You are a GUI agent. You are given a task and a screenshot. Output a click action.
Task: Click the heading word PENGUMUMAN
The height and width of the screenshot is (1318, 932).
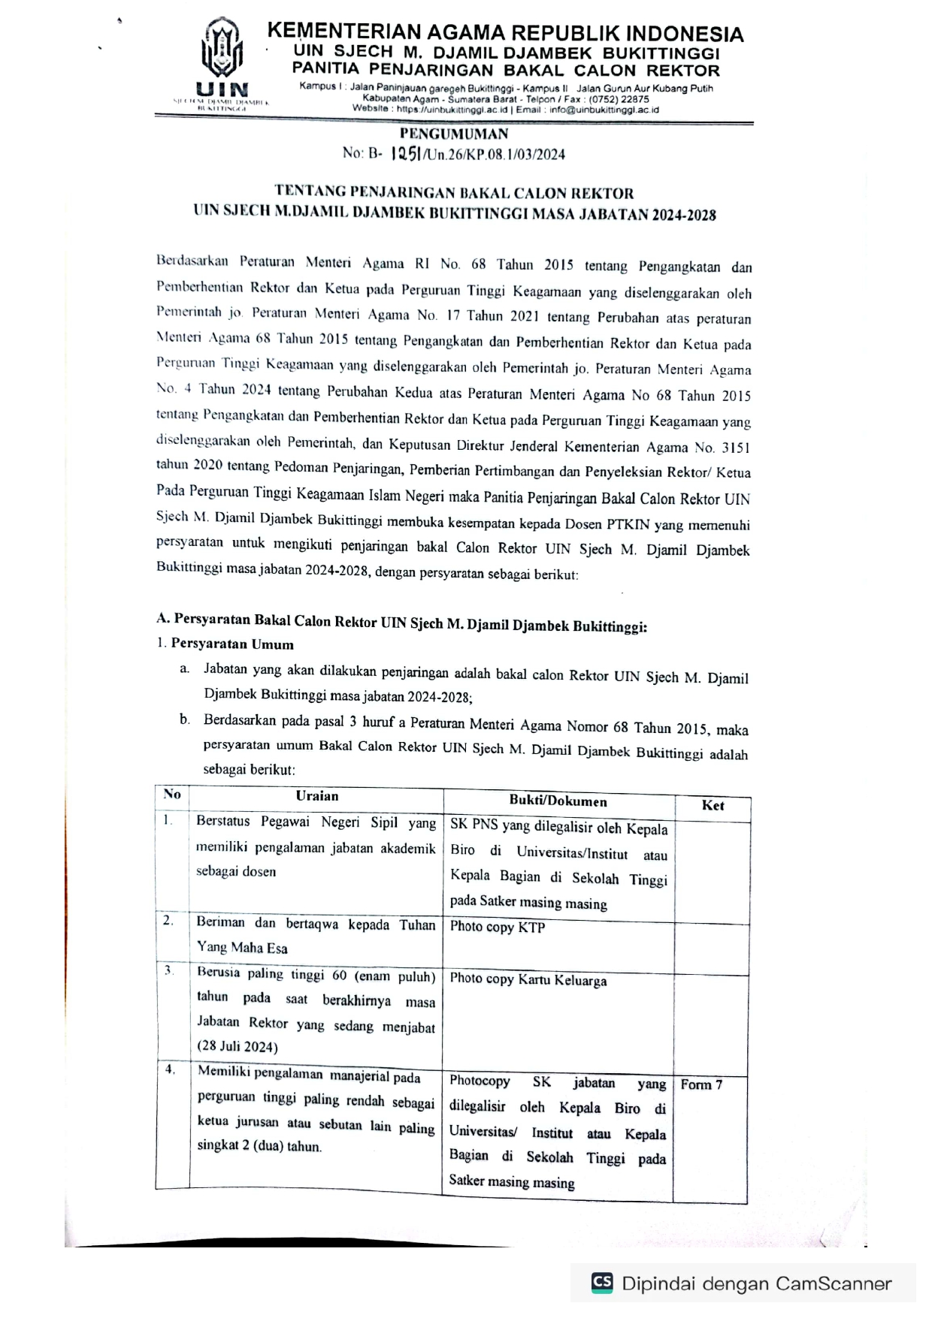click(454, 134)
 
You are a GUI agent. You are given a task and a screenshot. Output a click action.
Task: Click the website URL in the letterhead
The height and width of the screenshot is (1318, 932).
click(452, 109)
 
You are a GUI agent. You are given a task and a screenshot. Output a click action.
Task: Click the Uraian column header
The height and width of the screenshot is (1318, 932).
click(316, 796)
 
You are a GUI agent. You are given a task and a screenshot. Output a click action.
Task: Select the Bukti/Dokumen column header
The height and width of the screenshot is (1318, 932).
click(558, 801)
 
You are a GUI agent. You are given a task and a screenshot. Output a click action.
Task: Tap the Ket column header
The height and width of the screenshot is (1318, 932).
click(713, 805)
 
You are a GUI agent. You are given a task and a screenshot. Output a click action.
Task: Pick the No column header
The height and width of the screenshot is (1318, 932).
click(172, 795)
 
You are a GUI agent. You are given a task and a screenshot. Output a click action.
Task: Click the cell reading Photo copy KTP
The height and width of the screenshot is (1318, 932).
click(498, 927)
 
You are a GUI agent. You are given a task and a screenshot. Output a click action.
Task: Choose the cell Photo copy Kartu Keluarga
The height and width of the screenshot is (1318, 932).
click(528, 980)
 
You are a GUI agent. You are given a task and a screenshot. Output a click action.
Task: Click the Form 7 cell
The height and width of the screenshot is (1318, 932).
click(701, 1084)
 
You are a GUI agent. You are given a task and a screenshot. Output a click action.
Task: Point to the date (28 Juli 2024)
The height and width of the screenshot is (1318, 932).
click(238, 1046)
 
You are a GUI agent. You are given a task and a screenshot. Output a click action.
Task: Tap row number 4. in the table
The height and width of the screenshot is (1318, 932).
click(170, 1069)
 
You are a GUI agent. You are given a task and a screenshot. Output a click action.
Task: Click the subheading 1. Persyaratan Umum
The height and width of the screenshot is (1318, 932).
click(225, 644)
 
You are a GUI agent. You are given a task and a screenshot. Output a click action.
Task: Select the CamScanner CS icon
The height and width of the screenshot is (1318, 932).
click(602, 1282)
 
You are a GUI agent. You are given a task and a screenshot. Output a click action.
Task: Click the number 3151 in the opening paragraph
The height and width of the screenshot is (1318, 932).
click(736, 448)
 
